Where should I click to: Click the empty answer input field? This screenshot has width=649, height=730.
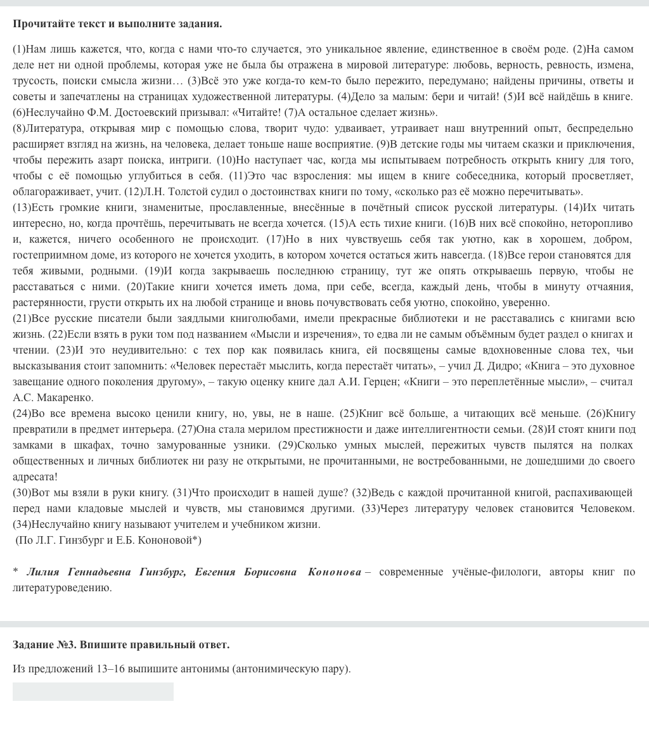(93, 691)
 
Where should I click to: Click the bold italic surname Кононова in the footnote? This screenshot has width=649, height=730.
(334, 572)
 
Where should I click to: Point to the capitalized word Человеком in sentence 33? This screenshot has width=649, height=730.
(604, 509)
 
